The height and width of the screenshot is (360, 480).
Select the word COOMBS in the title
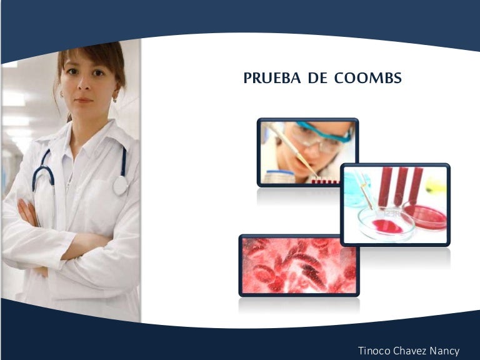click(367, 79)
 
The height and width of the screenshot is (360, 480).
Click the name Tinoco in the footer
click(374, 351)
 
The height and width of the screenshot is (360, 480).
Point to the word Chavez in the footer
click(411, 351)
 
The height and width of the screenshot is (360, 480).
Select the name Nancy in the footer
click(446, 351)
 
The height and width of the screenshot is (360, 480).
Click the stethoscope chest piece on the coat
click(121, 185)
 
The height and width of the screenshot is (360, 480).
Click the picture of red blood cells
click(299, 265)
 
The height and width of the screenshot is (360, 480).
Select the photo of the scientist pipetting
click(307, 152)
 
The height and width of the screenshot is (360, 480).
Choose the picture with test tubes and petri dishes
click(395, 204)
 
